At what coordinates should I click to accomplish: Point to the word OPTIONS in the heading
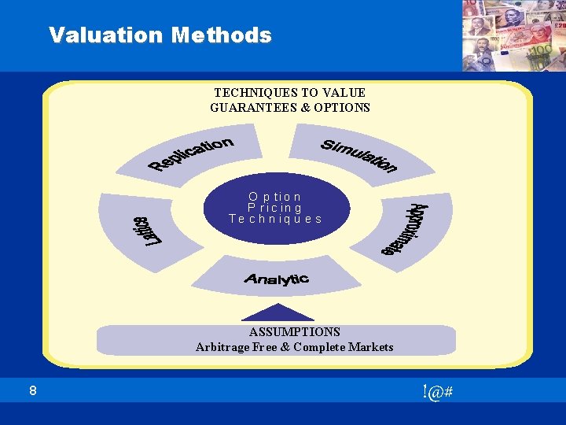(342, 107)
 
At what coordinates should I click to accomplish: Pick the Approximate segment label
(406, 230)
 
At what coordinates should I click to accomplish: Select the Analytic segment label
(276, 279)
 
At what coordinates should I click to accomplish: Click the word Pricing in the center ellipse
(275, 208)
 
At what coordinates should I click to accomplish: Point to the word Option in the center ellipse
(275, 196)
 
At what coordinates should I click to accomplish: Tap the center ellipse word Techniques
(275, 219)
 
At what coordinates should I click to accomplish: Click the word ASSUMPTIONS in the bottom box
(295, 332)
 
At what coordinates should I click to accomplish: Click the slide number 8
(32, 391)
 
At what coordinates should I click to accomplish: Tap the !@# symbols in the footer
(436, 392)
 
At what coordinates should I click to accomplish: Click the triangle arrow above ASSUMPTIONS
(274, 312)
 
